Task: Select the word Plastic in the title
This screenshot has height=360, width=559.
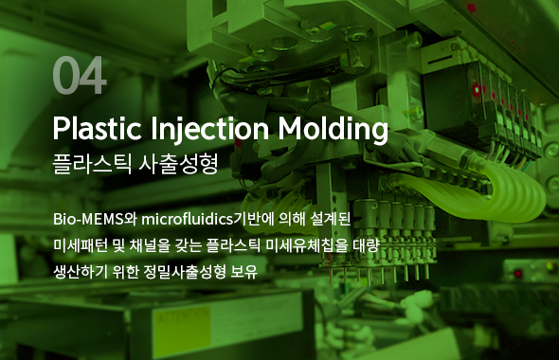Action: coord(91,128)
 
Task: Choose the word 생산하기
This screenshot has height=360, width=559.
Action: coord(81,272)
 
